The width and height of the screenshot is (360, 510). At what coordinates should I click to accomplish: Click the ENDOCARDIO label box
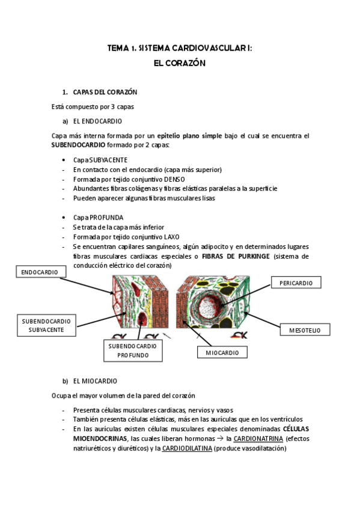40,272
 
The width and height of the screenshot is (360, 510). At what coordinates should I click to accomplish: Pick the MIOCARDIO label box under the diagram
222,352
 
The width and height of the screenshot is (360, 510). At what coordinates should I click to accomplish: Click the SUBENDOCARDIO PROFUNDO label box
133,351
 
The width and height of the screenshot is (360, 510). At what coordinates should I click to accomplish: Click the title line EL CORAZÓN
180,63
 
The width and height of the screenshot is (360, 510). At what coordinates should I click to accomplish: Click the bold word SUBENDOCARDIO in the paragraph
79,145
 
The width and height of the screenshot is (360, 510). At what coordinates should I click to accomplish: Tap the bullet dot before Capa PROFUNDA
64,218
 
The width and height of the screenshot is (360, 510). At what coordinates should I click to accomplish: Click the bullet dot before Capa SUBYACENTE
64,161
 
